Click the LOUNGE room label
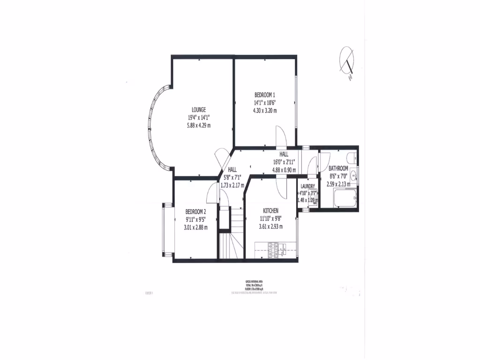coord(199,109)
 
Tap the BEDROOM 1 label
coord(265,94)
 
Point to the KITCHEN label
coord(271,210)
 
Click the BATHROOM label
coord(338,168)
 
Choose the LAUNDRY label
coord(307,187)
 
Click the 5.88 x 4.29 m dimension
coord(199,125)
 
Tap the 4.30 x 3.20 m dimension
coord(265,111)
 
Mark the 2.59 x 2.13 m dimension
coord(338,184)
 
